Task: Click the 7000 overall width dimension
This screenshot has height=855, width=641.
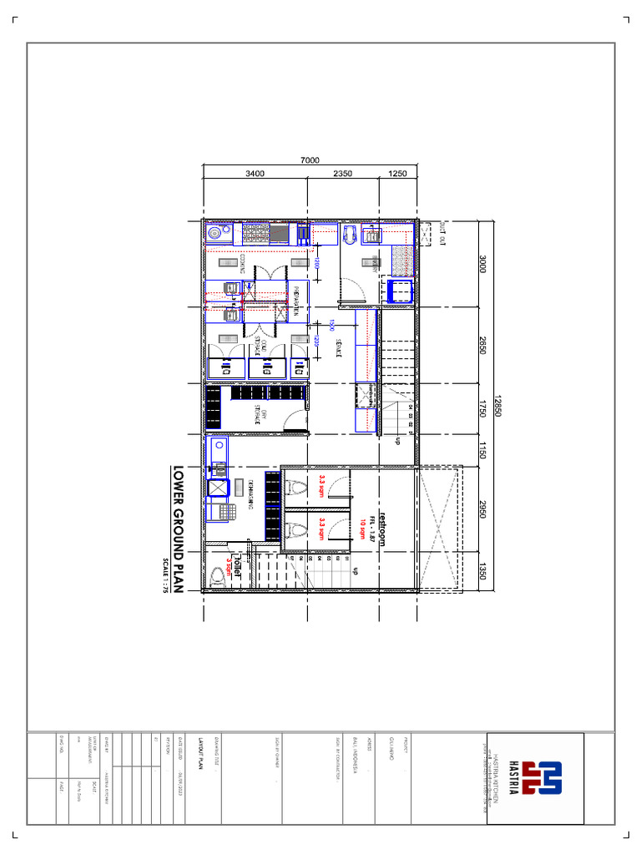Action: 310,161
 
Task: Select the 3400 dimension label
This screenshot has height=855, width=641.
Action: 255,174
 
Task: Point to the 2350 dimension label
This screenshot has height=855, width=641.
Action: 342,174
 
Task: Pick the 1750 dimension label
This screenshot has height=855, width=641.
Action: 482,411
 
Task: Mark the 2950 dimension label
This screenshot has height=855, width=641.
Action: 482,509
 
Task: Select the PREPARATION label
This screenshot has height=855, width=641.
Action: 296,300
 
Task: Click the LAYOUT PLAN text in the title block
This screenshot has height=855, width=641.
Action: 200,746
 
